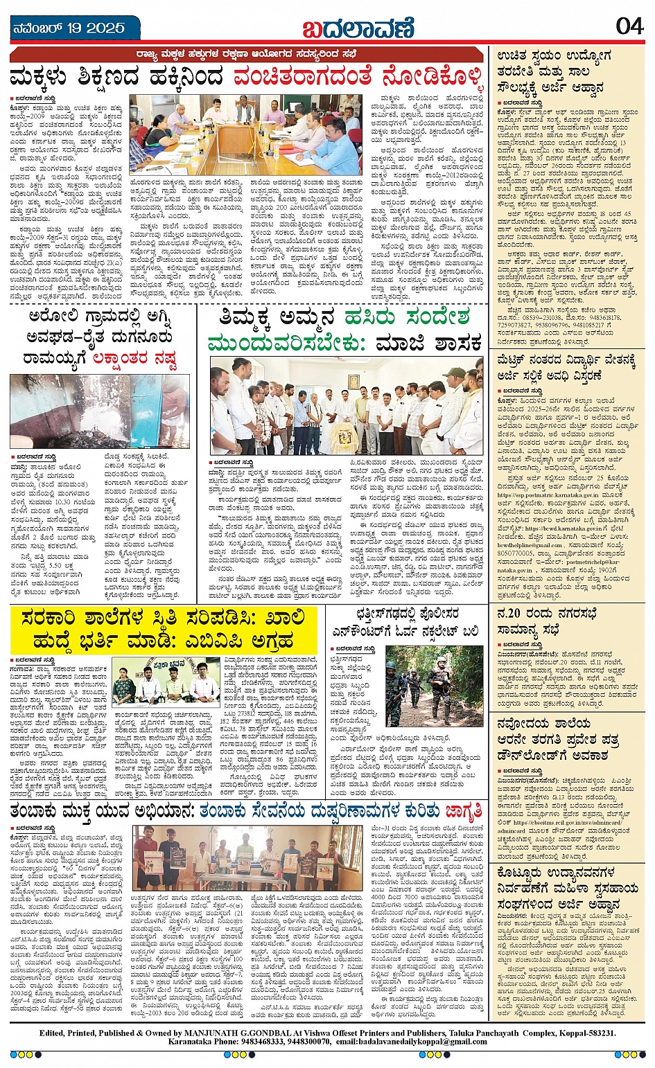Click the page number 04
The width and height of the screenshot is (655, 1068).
pyautogui.click(x=629, y=26)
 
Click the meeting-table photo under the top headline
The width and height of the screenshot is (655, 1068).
pyautogui.click(x=246, y=134)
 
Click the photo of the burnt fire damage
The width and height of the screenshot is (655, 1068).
pyautogui.click(x=99, y=411)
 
